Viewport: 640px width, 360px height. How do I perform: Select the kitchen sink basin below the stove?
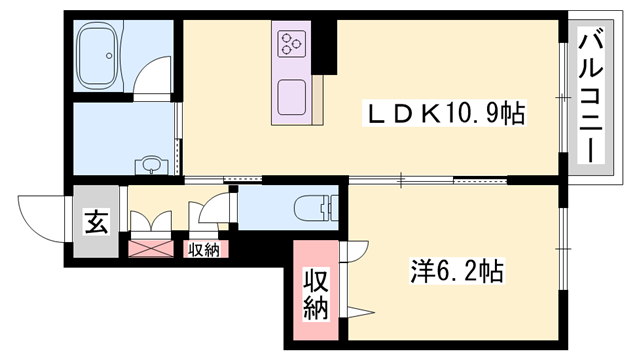(x=291, y=95)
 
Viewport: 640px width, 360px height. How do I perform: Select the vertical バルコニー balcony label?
(x=591, y=97)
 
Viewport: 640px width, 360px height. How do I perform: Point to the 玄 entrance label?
(x=96, y=222)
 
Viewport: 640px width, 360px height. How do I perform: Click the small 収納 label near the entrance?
(x=203, y=250)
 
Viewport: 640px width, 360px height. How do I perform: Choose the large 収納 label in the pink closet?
(x=316, y=295)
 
